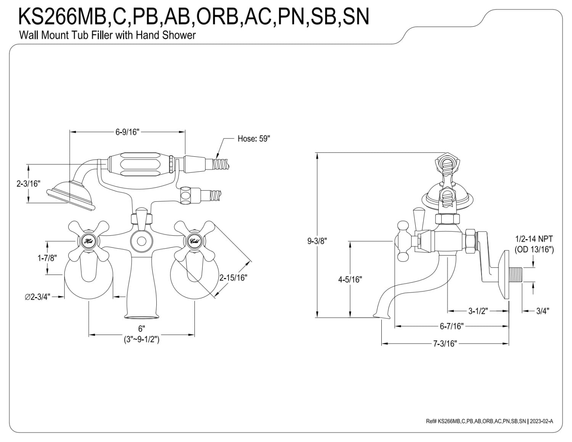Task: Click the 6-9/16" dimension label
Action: point(127,132)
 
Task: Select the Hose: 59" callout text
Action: point(254,138)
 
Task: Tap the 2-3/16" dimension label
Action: point(28,183)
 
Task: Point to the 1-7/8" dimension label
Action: point(47,258)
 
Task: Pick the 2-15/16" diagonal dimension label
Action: point(233,278)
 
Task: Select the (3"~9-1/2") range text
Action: point(141,339)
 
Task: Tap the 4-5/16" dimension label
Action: point(350,280)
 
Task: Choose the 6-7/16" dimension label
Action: point(451,326)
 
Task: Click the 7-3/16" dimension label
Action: point(445,344)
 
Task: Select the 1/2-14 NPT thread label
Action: point(534,239)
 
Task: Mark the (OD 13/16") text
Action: point(534,249)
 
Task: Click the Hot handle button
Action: point(88,241)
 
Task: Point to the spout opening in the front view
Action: point(141,317)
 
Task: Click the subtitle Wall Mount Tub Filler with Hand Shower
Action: point(107,35)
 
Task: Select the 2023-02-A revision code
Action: point(541,421)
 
